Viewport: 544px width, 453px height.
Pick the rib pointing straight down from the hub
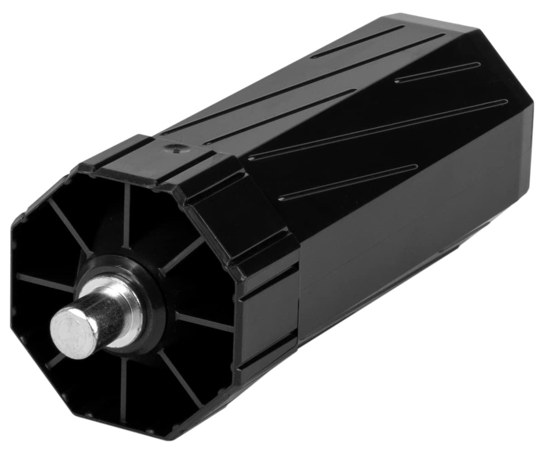(x=123, y=390)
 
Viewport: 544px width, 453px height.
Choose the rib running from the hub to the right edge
(x=204, y=322)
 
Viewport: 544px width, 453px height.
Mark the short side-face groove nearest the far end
(x=437, y=72)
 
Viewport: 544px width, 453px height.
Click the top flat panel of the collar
(x=154, y=156)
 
